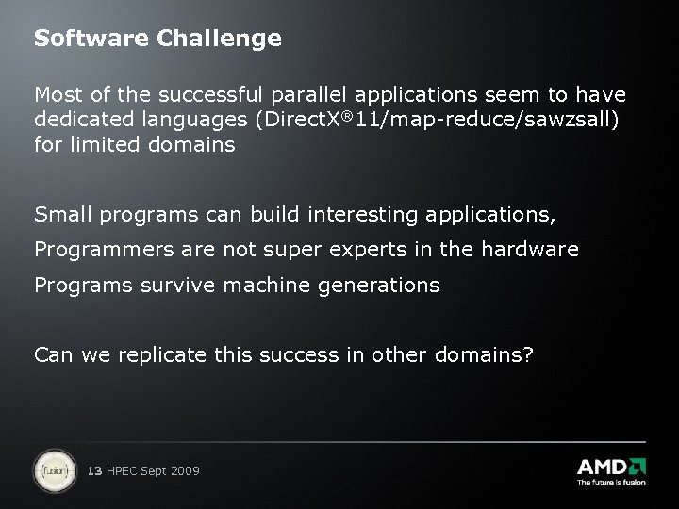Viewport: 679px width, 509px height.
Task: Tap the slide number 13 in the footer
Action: click(x=93, y=470)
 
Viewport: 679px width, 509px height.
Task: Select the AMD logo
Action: click(x=611, y=467)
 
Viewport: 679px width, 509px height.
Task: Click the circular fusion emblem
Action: click(x=54, y=468)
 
